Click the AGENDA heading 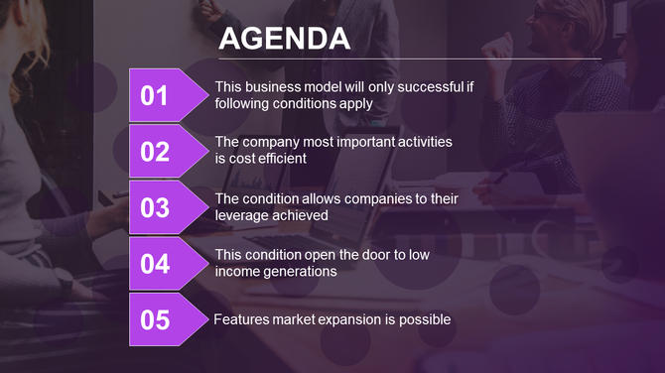pyautogui.click(x=284, y=39)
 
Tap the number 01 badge pyautogui.click(x=156, y=95)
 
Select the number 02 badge pyautogui.click(x=156, y=152)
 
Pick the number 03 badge pyautogui.click(x=156, y=207)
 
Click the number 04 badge pyautogui.click(x=156, y=264)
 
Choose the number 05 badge pyautogui.click(x=156, y=319)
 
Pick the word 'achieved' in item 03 pyautogui.click(x=301, y=214)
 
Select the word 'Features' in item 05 pyautogui.click(x=242, y=319)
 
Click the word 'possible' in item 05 pyautogui.click(x=425, y=319)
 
